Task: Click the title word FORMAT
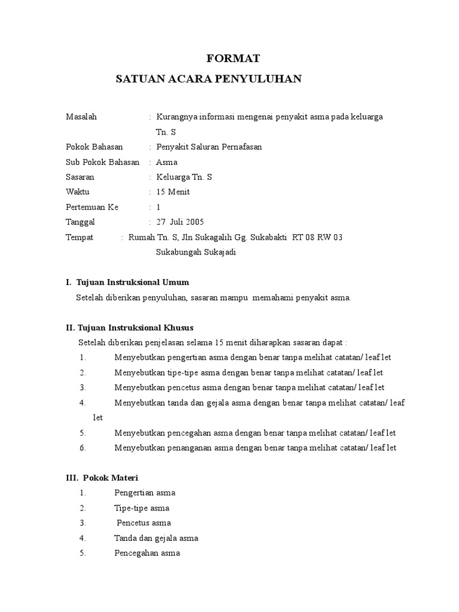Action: [x=233, y=59]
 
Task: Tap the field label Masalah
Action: [x=81, y=117]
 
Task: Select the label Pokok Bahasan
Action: [x=94, y=147]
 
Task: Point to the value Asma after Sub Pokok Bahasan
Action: [x=167, y=162]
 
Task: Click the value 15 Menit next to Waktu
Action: [x=173, y=192]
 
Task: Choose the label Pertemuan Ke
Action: [x=92, y=207]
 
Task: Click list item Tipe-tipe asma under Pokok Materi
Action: [x=142, y=508]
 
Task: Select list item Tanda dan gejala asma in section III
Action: [x=156, y=538]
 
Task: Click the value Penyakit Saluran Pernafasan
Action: [x=209, y=147]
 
